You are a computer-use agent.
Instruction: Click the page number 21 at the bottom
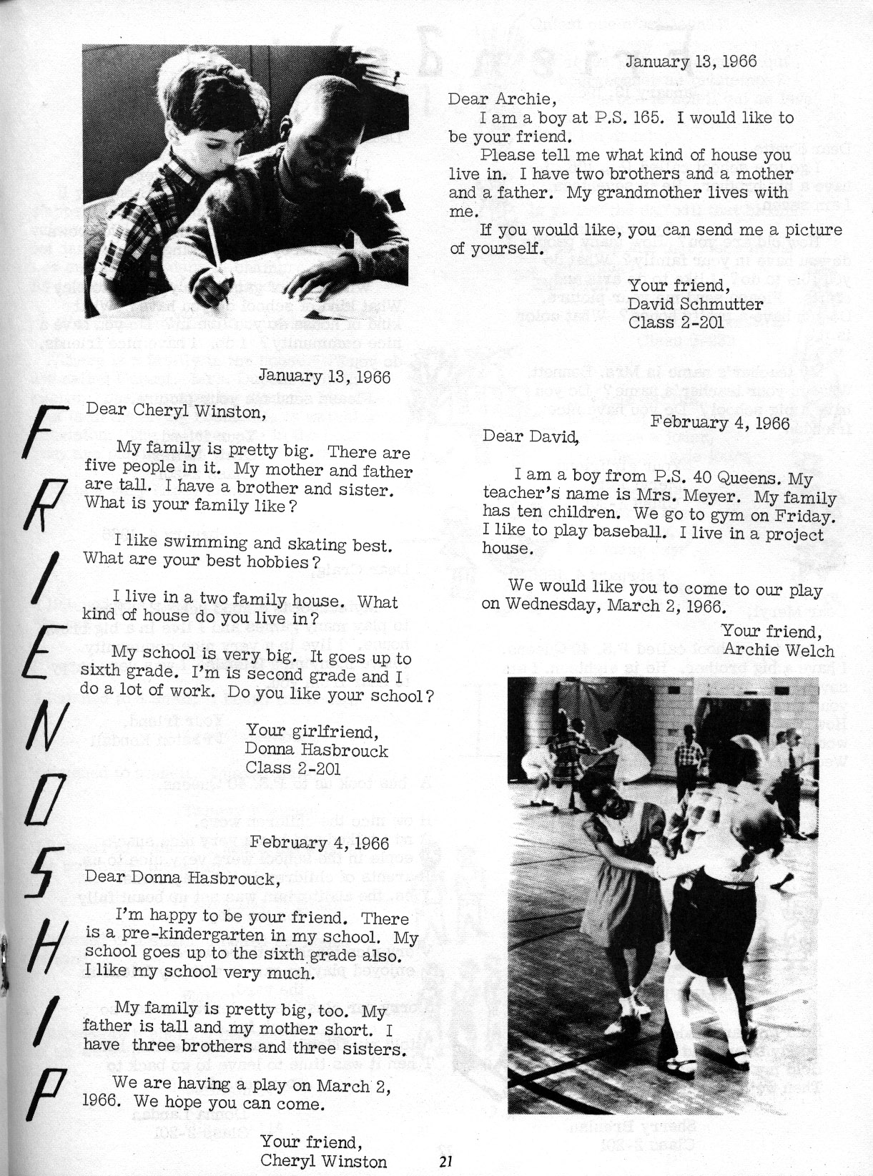(x=448, y=1162)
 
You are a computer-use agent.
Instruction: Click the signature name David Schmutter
(x=695, y=305)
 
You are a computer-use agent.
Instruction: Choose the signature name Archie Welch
(x=779, y=650)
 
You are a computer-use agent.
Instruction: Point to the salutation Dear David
(x=530, y=435)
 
